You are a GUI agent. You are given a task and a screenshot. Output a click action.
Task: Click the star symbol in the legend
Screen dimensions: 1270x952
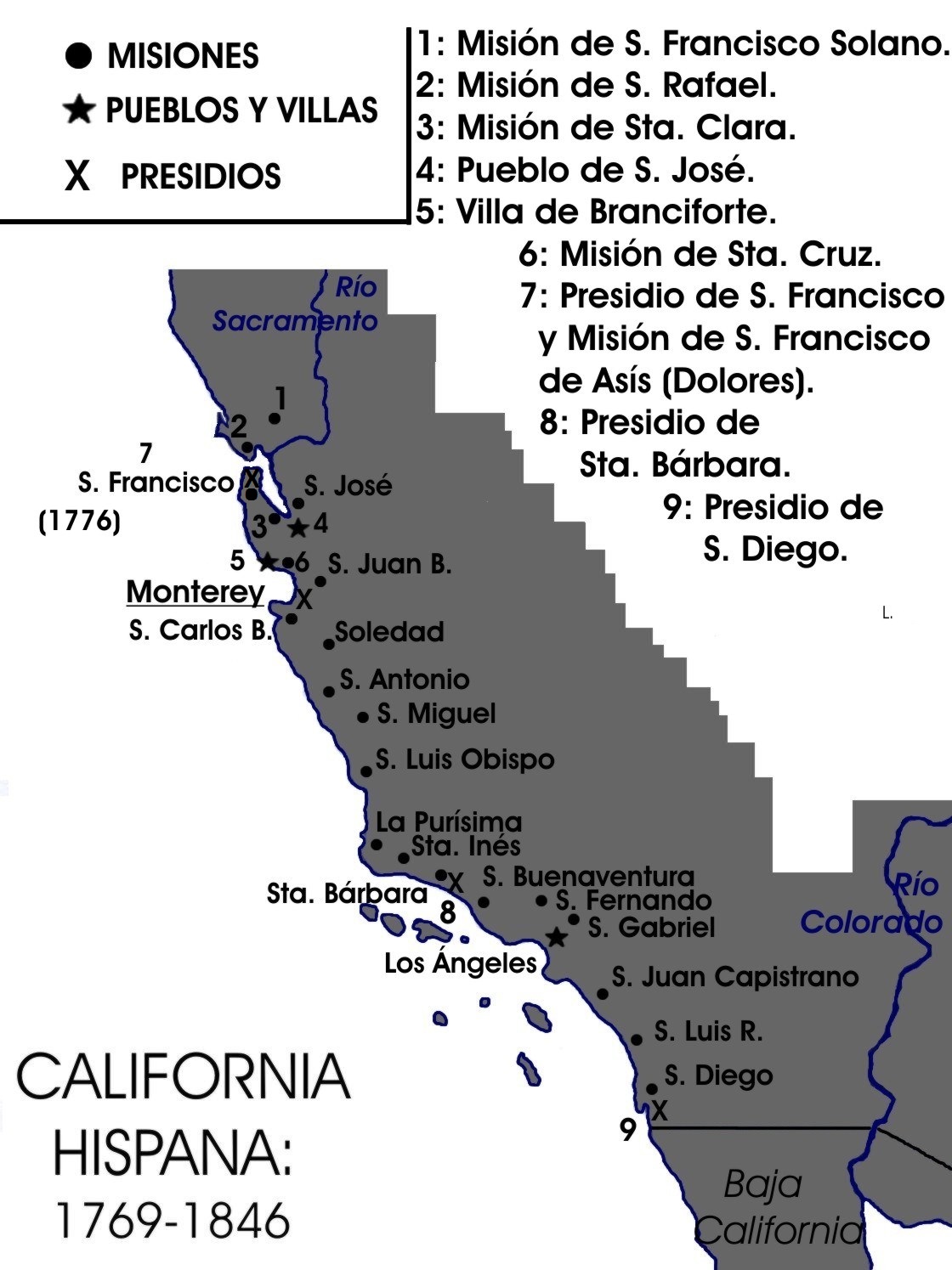(x=79, y=110)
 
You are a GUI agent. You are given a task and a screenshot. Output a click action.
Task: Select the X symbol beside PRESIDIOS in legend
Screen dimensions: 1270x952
(x=77, y=176)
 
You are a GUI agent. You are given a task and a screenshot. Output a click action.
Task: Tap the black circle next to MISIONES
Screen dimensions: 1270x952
(x=78, y=56)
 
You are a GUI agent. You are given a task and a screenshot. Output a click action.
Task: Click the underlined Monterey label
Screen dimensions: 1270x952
(x=195, y=591)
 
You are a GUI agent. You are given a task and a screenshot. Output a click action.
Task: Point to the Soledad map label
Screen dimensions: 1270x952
(x=389, y=632)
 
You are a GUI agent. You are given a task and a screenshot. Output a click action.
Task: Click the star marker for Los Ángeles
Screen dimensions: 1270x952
(x=556, y=937)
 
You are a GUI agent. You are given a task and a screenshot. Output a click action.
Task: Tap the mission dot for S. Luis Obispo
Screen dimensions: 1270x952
(x=366, y=771)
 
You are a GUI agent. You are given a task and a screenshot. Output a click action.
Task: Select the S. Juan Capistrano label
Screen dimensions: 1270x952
(x=735, y=977)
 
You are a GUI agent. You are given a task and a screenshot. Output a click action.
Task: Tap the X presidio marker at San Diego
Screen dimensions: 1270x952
(x=659, y=1110)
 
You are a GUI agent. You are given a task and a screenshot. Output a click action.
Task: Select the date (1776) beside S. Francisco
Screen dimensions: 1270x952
(x=80, y=521)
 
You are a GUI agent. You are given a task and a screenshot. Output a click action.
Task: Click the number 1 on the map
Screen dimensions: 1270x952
(x=280, y=398)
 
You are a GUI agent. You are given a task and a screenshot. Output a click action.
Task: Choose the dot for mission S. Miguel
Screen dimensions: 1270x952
(x=363, y=717)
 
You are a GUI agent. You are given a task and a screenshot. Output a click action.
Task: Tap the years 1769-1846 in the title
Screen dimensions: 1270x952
(x=173, y=1220)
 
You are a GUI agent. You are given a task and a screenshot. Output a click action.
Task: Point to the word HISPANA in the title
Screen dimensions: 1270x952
(x=173, y=1151)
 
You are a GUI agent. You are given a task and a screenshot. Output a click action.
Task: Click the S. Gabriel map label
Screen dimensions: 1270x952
(x=651, y=927)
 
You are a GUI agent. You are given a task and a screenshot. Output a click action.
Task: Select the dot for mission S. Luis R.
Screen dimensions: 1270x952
(x=637, y=1040)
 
